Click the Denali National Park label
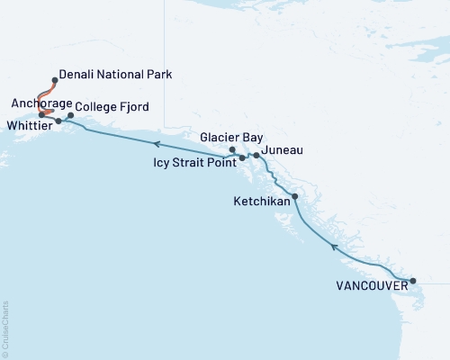point(114,73)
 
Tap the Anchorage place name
point(35,103)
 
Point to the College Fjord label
point(112,107)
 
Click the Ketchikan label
point(261,201)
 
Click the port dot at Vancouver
point(413,282)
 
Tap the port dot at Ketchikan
point(294,195)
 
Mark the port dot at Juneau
point(256,156)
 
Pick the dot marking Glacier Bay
point(232,149)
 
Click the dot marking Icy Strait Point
point(242,158)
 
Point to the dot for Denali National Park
point(55,80)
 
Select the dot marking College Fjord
point(70,115)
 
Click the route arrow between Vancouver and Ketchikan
point(334,246)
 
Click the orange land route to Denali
point(45,96)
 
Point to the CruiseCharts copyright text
point(5,329)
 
